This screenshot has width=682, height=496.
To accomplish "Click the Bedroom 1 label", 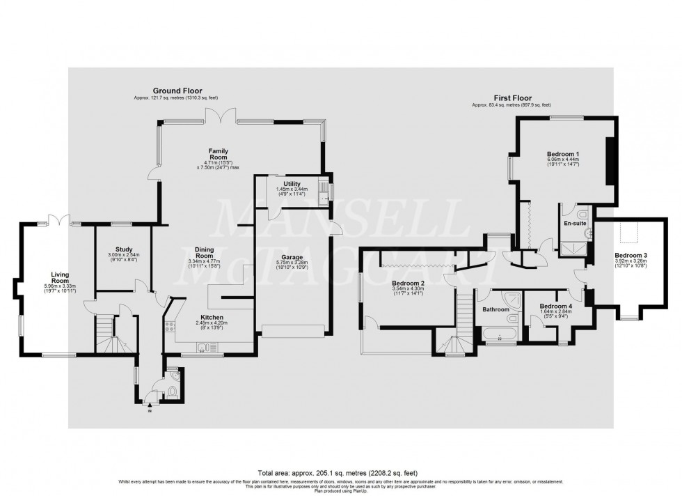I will click(x=563, y=153).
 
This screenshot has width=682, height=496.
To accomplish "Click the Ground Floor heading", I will click(x=173, y=91).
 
